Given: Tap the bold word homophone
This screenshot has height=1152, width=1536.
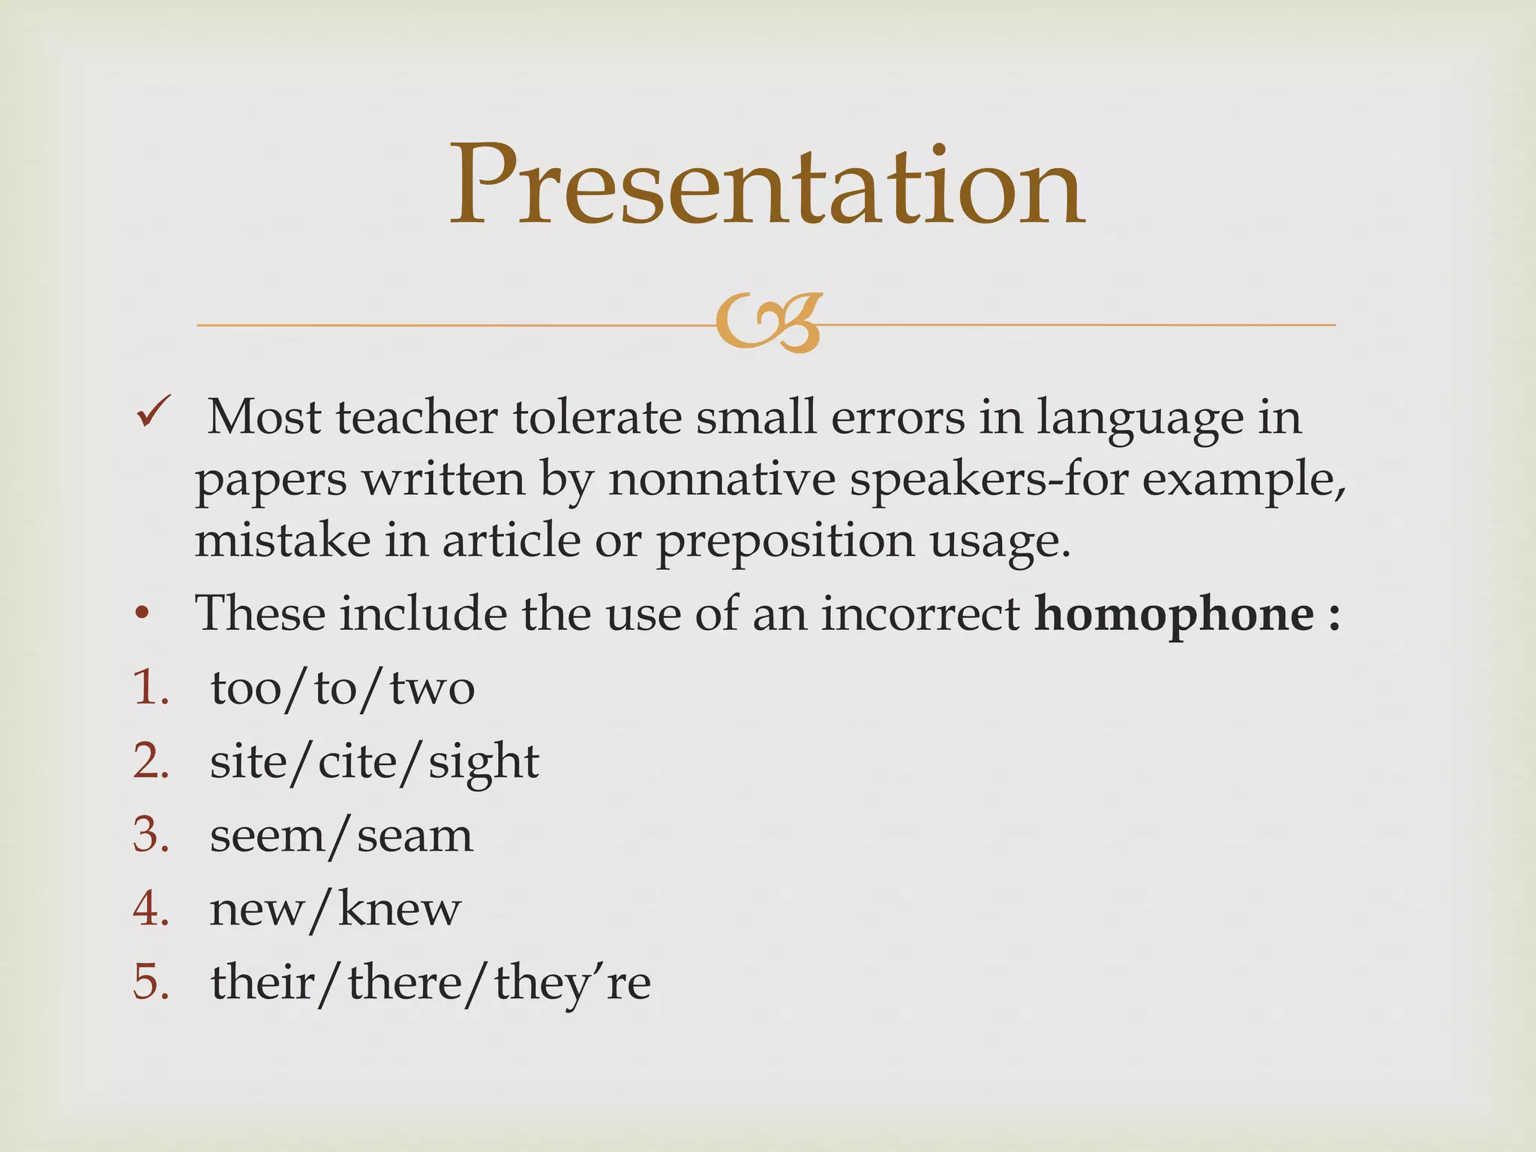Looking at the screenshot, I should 1174,614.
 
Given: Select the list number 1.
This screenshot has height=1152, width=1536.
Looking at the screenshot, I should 150,688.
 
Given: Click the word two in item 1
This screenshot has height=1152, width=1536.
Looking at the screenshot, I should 432,688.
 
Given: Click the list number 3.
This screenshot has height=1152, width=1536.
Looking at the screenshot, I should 150,835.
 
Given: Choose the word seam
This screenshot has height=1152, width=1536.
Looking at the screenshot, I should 415,835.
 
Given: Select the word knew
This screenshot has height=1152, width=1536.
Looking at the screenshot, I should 399,909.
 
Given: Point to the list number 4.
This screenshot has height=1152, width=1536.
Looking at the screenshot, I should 150,909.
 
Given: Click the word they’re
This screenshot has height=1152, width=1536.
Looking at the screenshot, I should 572,983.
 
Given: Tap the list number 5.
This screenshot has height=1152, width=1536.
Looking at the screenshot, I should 150,982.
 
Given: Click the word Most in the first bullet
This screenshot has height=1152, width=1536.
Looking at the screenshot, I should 264,417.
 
